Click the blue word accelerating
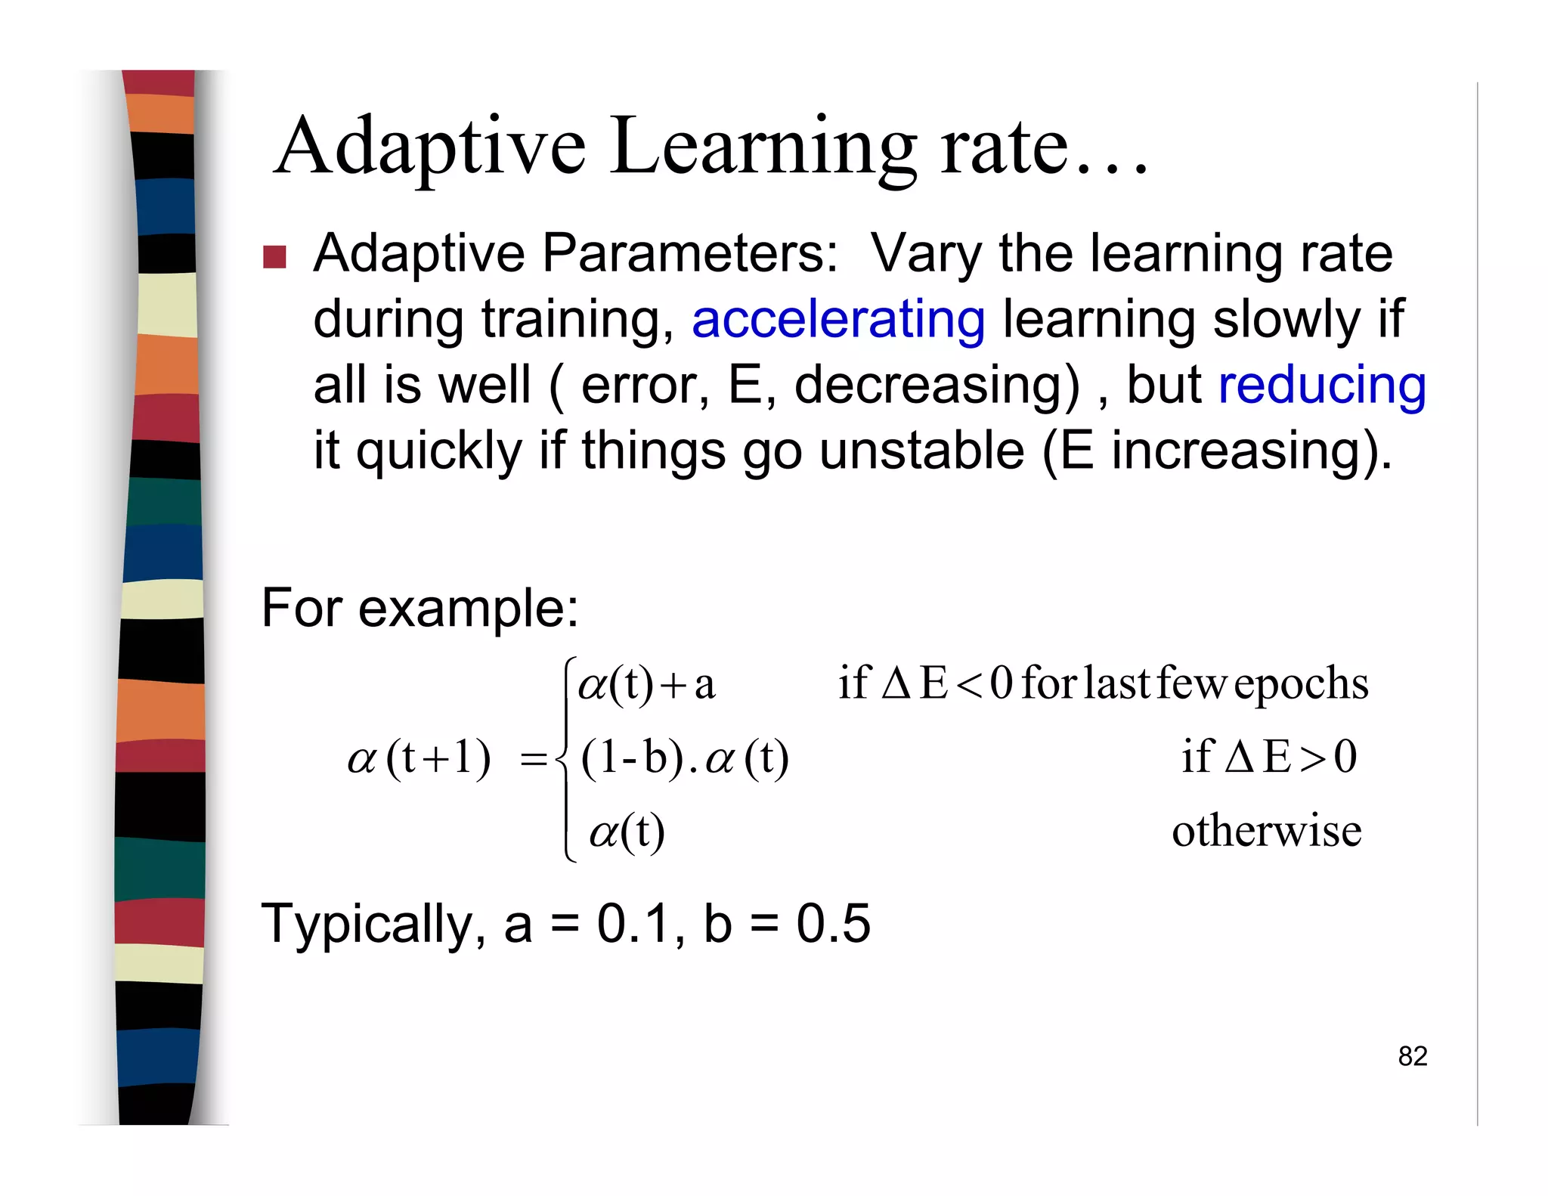click(x=838, y=320)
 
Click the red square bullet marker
click(x=274, y=257)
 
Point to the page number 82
click(x=1412, y=1056)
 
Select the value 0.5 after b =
click(x=833, y=924)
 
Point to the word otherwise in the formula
click(x=1266, y=831)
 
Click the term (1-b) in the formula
click(x=632, y=758)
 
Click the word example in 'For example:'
click(x=468, y=609)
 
